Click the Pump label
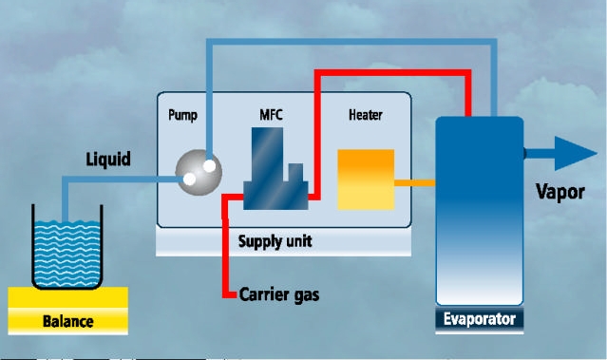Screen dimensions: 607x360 [182, 115]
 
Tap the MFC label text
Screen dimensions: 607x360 [271, 115]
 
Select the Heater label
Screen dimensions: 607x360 [366, 115]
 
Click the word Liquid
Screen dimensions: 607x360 [108, 159]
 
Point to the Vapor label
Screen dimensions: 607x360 [560, 192]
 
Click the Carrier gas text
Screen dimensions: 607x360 [279, 294]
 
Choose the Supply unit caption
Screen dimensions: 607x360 [275, 241]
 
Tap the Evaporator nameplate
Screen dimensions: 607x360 [480, 319]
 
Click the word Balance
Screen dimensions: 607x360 [68, 321]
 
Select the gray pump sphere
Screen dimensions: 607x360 [199, 173]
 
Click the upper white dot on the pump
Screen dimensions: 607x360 [209, 165]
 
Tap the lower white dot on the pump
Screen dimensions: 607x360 [189, 179]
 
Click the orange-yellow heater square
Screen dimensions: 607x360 [366, 180]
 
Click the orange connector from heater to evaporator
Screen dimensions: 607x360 [415, 183]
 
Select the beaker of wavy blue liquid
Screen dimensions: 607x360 [67, 247]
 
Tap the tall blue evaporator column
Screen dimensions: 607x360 [480, 211]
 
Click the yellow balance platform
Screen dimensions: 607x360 [68, 311]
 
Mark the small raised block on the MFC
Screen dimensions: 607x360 [295, 173]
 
